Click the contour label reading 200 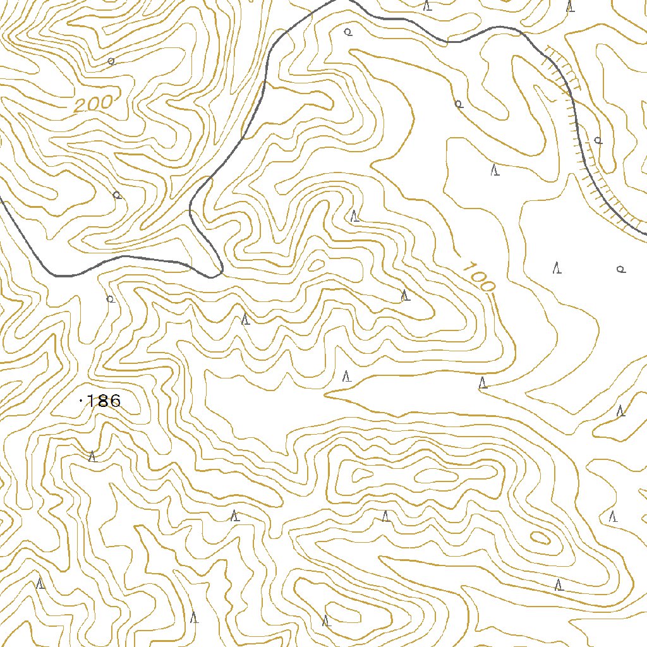click(x=93, y=103)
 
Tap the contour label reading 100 click(x=478, y=277)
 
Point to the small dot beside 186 click(x=81, y=401)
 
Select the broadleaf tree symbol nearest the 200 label click(x=111, y=61)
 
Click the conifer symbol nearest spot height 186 click(x=92, y=456)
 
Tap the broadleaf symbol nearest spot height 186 click(x=110, y=298)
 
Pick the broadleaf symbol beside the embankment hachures click(x=598, y=140)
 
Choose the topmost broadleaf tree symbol click(x=347, y=32)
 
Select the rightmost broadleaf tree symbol click(x=620, y=269)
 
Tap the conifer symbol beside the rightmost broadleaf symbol click(x=557, y=268)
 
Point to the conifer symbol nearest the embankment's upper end click(x=571, y=6)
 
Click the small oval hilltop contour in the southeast click(x=539, y=538)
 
